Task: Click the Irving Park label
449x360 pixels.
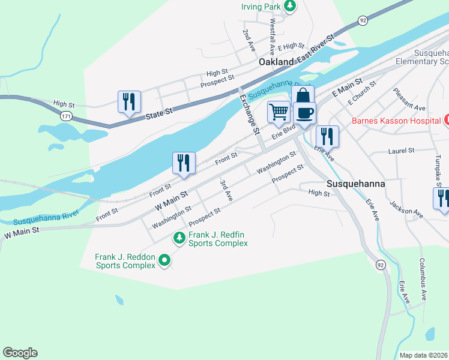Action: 262,7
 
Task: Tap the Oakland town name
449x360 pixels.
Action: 276,62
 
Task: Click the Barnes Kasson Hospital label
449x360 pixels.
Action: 396,121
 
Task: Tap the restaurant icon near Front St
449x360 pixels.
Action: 184,163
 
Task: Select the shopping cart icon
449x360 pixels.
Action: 279,112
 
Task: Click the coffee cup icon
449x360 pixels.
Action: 304,113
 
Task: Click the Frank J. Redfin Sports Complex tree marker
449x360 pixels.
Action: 179,238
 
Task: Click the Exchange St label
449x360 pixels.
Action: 250,113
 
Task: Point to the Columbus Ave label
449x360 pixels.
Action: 423,279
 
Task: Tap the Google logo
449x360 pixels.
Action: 20,353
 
